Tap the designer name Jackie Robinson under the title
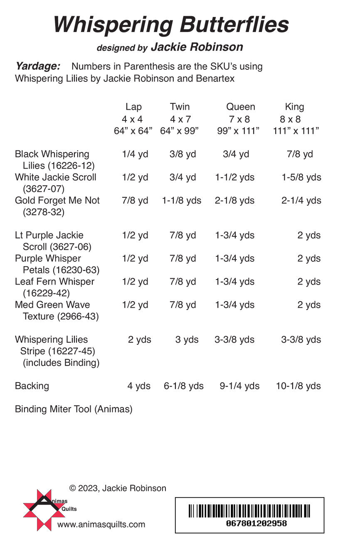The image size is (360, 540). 197,47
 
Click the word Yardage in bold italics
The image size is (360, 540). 38,66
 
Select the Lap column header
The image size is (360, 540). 133,107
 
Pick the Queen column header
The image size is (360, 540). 240,107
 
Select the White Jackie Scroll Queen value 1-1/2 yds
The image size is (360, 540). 235,178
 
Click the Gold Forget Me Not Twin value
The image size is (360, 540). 182,201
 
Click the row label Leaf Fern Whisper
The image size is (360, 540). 54,282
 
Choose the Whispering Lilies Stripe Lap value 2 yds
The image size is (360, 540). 140,340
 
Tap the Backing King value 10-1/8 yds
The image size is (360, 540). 298,386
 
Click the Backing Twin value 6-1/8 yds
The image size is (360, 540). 184,386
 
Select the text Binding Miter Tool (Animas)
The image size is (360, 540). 74,409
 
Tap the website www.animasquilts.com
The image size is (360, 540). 101,525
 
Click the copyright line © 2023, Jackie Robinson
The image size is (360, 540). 118,488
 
